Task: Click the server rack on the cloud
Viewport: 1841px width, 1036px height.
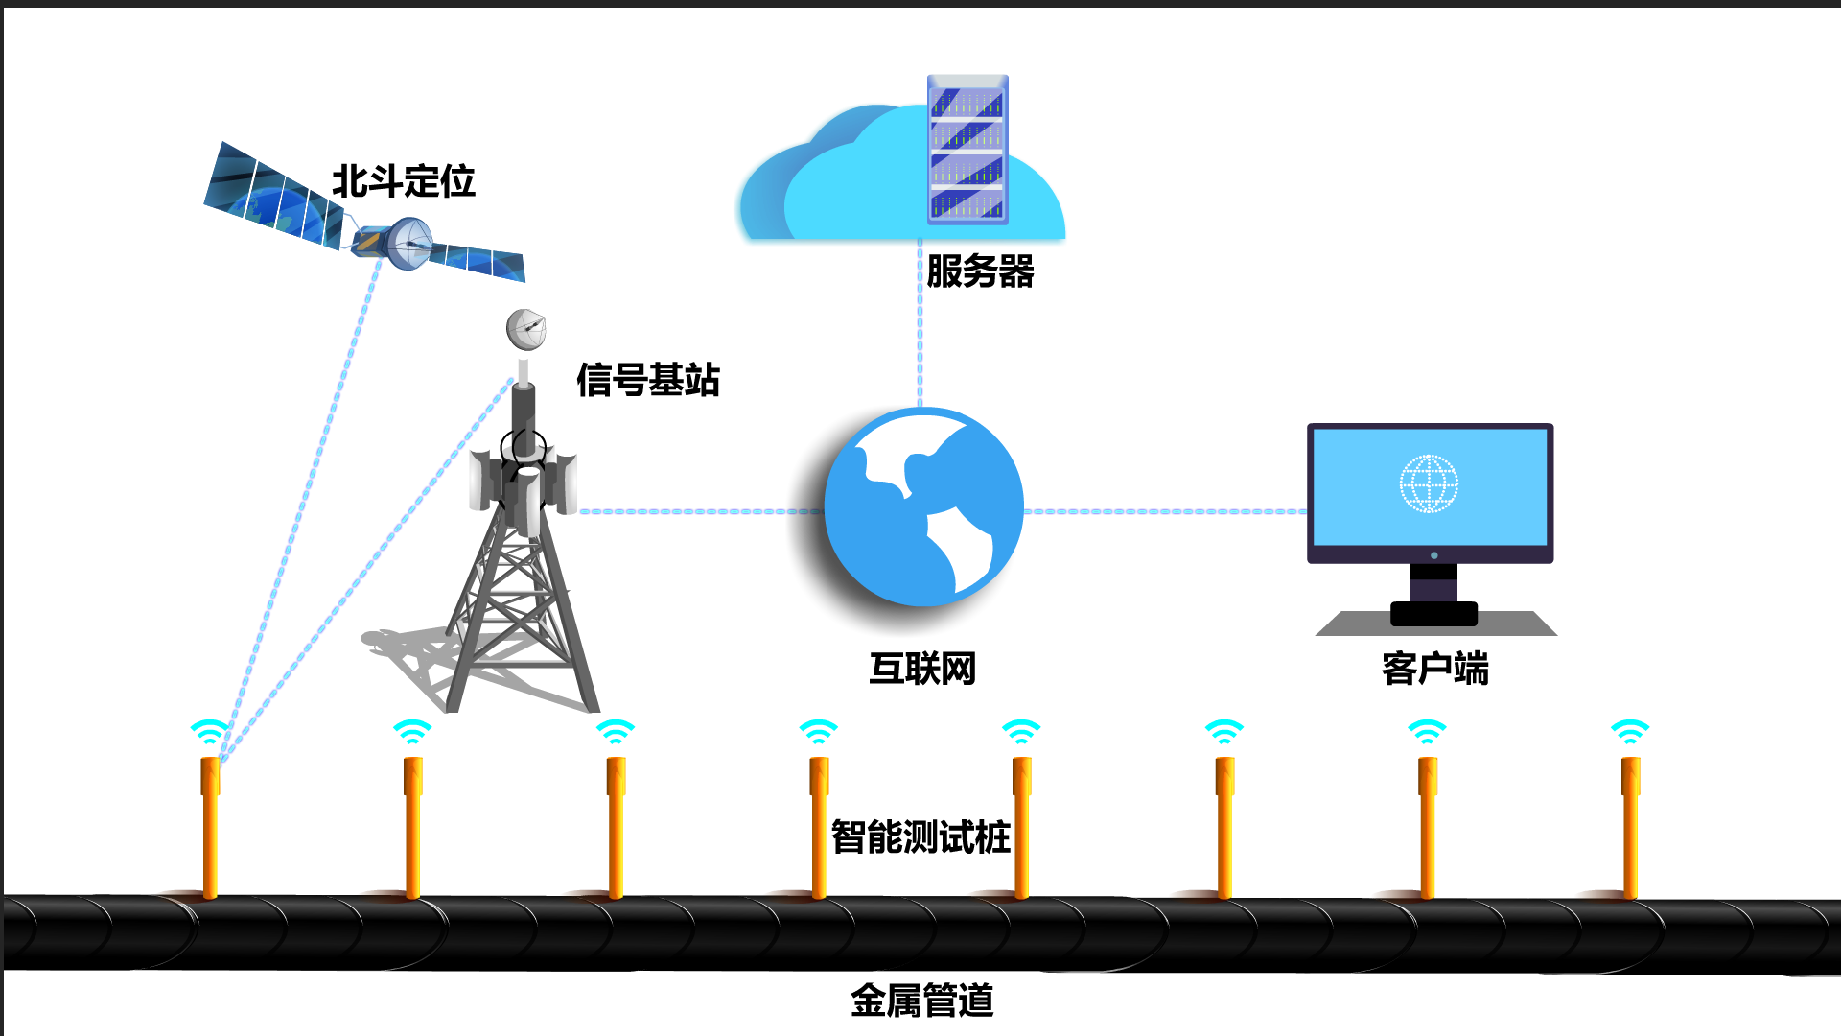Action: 967,150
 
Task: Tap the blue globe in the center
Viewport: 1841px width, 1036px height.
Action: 923,506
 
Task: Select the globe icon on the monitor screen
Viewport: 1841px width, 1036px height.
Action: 1429,484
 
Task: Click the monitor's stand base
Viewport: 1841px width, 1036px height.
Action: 1433,590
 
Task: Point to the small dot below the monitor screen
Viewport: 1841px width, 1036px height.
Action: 1433,555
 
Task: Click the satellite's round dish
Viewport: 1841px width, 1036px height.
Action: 410,242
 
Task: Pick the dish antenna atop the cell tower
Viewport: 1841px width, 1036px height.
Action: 525,329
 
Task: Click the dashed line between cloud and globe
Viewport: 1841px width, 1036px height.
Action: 920,326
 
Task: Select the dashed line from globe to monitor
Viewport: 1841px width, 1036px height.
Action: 1165,511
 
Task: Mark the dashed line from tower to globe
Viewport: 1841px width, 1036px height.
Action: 700,511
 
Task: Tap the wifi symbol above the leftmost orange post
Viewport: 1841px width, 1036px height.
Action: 209,732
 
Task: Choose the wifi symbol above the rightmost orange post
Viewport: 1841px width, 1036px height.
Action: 1629,732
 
